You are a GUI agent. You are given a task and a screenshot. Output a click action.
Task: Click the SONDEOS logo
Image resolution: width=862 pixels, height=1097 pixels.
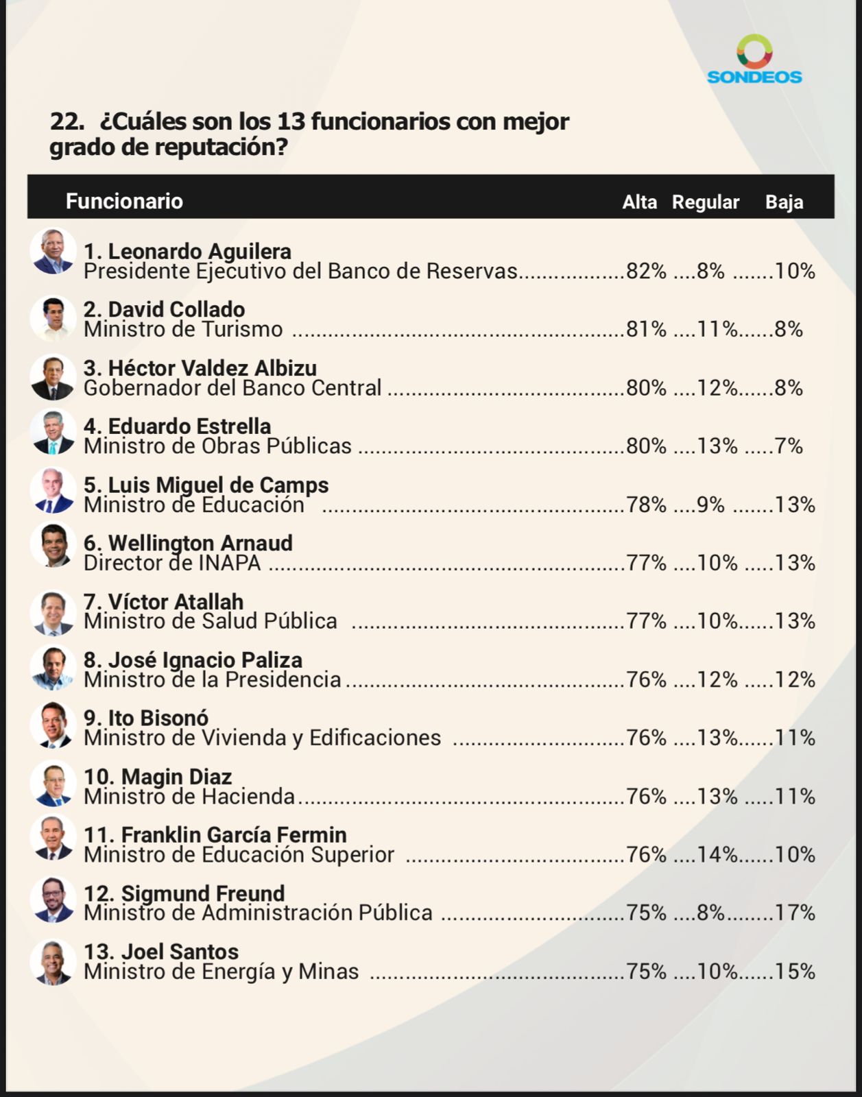(754, 60)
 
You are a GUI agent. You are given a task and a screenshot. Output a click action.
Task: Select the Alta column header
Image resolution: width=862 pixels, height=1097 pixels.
(639, 202)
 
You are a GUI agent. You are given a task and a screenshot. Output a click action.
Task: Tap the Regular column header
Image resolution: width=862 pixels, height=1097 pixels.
(705, 202)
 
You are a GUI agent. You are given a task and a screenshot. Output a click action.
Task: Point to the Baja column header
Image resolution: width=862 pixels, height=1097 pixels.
(784, 202)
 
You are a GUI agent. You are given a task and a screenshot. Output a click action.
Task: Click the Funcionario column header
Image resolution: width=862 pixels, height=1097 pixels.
(124, 202)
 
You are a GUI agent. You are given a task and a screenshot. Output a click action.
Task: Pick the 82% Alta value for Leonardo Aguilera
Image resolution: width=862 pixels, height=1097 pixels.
(646, 272)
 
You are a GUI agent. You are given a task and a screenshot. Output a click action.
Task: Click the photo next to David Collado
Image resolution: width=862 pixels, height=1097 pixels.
(53, 319)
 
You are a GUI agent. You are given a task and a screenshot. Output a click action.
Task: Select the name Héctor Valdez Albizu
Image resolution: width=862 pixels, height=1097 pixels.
(200, 368)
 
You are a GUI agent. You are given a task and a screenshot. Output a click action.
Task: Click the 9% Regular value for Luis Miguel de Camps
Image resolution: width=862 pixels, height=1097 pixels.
(710, 505)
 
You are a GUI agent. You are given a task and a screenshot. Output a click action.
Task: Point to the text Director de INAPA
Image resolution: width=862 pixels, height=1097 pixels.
(172, 564)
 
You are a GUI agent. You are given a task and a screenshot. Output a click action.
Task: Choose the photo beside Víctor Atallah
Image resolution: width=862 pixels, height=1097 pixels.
(53, 612)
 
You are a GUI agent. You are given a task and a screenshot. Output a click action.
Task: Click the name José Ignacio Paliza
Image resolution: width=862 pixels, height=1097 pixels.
(193, 660)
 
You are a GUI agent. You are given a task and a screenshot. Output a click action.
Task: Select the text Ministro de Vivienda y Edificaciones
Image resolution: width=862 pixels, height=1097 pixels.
(262, 738)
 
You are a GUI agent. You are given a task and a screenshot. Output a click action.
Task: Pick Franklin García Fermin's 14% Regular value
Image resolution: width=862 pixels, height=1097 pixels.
(717, 855)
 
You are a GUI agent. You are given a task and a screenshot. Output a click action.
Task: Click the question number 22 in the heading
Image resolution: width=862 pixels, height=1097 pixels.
(67, 122)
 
